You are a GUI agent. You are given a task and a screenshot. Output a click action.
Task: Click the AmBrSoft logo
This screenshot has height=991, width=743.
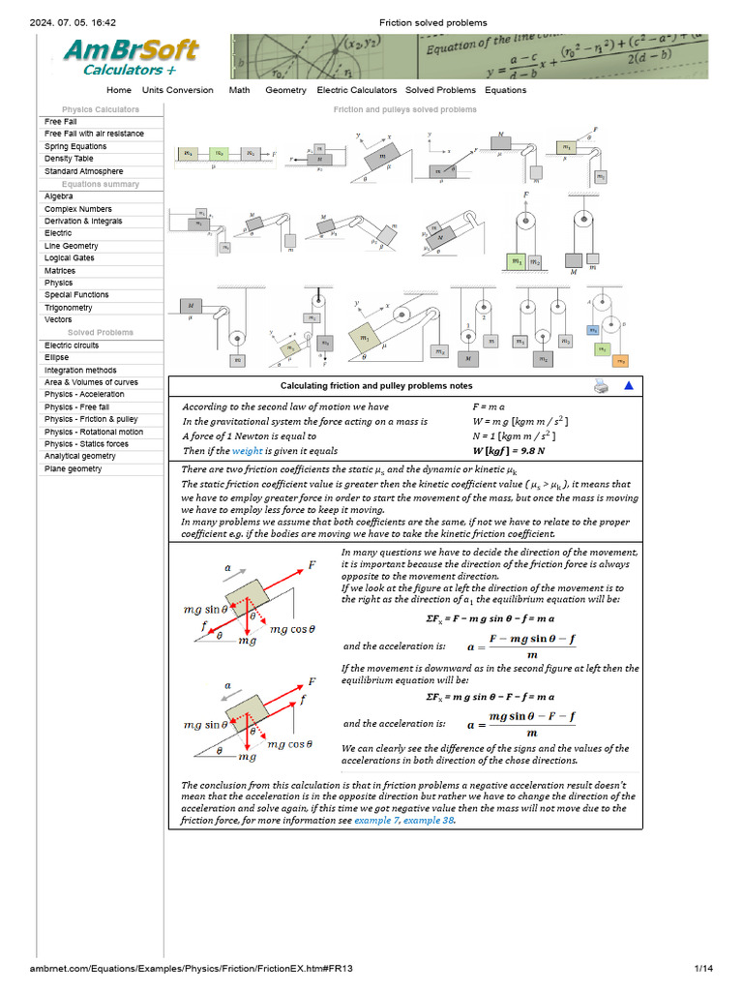click(x=132, y=56)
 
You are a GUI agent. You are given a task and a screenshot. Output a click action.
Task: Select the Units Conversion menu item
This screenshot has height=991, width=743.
click(x=177, y=90)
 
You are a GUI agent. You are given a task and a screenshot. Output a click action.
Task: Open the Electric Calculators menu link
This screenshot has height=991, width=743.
click(x=357, y=90)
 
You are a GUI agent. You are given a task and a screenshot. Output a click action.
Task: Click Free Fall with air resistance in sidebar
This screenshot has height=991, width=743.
click(x=94, y=134)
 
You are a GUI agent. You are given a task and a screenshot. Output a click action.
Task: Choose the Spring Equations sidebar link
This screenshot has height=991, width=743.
click(x=75, y=146)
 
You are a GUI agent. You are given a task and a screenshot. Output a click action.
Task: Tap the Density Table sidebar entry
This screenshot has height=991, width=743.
click(x=69, y=159)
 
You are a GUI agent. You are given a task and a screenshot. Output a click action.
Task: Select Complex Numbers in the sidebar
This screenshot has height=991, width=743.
click(x=77, y=209)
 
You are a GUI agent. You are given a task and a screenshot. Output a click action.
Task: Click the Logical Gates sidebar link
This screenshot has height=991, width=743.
click(x=71, y=258)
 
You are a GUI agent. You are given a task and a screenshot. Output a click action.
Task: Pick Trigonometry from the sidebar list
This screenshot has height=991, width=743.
click(x=69, y=308)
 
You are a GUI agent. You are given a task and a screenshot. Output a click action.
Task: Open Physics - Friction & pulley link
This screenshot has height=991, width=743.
click(x=91, y=419)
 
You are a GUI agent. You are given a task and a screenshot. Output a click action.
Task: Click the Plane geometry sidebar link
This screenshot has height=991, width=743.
click(x=74, y=468)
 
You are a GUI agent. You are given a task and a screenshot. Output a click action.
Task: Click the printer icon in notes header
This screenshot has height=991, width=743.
click(x=601, y=386)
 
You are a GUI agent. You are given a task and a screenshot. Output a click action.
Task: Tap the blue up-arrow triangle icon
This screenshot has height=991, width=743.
click(x=628, y=386)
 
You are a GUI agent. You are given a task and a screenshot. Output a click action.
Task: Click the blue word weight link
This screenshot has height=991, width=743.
click(x=246, y=451)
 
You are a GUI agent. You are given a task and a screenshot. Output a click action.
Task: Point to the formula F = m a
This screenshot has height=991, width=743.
click(x=489, y=407)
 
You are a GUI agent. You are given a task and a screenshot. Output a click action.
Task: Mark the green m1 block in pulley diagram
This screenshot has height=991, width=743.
click(x=516, y=261)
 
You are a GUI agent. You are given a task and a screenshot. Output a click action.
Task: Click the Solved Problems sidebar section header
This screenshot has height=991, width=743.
click(x=101, y=333)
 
